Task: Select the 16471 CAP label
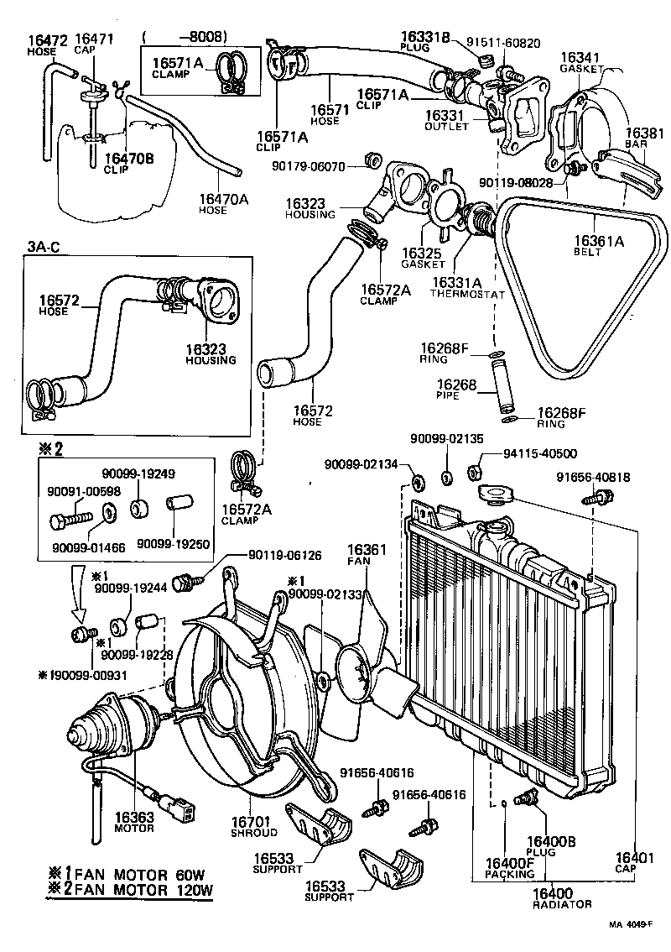click(94, 39)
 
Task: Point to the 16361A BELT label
click(600, 242)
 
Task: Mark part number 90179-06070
click(308, 167)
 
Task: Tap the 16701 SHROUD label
click(253, 826)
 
